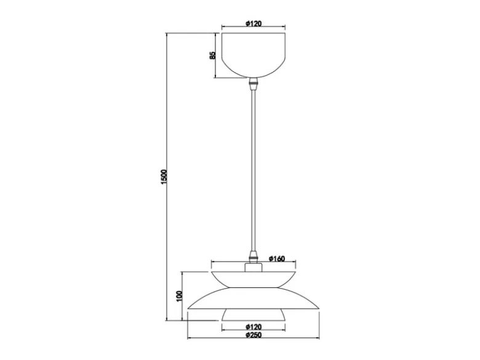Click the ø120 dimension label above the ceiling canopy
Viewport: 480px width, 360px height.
click(x=254, y=23)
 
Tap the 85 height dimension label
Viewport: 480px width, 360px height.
click(x=212, y=55)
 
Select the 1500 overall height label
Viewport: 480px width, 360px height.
click(x=164, y=177)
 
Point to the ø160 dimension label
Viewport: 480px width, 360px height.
click(x=277, y=258)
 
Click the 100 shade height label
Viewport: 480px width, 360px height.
click(x=180, y=296)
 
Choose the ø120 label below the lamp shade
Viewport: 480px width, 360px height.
click(x=254, y=327)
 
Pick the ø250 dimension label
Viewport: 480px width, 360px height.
click(x=254, y=335)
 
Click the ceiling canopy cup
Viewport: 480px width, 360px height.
click(x=254, y=55)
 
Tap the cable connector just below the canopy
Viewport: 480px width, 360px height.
click(x=253, y=84)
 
